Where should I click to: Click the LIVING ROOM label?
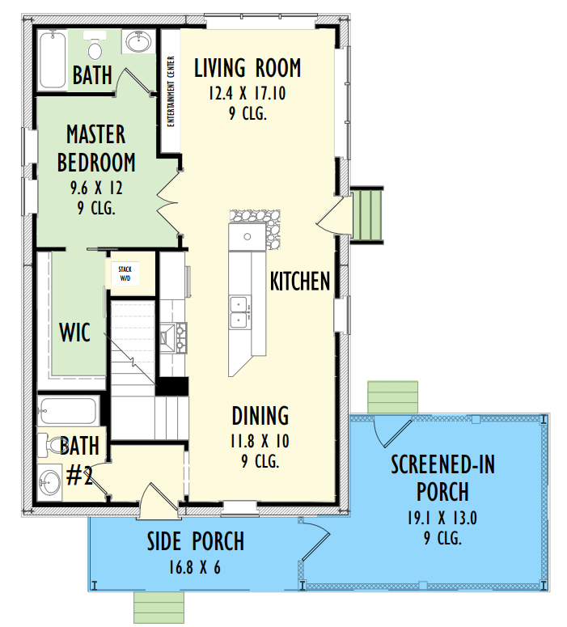coord(248,68)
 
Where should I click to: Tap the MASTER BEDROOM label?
coord(96,148)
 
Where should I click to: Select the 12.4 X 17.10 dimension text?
coord(248,94)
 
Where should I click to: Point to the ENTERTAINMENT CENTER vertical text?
coord(171,91)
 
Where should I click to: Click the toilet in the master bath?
coord(95,45)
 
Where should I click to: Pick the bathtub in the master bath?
coord(53,60)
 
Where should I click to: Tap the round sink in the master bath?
coord(139,41)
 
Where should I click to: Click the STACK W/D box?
coord(125,274)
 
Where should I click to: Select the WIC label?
coord(74,332)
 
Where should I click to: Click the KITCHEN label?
coord(300,281)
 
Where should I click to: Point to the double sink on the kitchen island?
coord(240,312)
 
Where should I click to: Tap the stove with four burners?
coord(174,338)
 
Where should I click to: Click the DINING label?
coord(260,416)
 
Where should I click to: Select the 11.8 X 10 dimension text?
coord(260,442)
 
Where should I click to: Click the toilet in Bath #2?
coord(49,445)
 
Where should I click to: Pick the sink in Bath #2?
coord(49,482)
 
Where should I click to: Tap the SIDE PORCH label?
coord(196,541)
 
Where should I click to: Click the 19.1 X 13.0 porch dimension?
coord(442,519)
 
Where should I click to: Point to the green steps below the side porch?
coord(159,608)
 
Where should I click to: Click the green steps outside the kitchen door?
coord(366,215)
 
